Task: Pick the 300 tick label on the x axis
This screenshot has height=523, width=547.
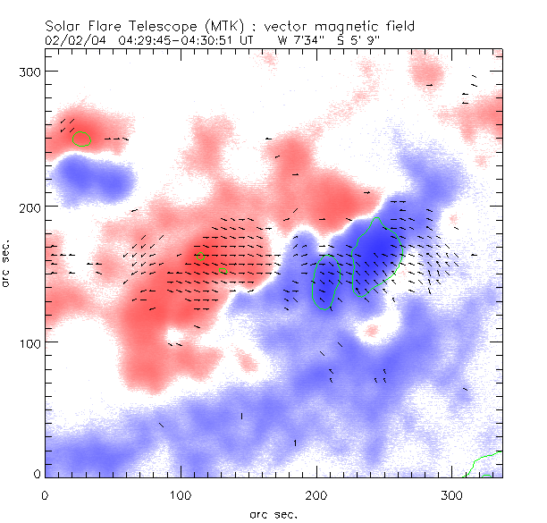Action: (452, 494)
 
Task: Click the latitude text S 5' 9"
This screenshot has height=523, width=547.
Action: (351, 39)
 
